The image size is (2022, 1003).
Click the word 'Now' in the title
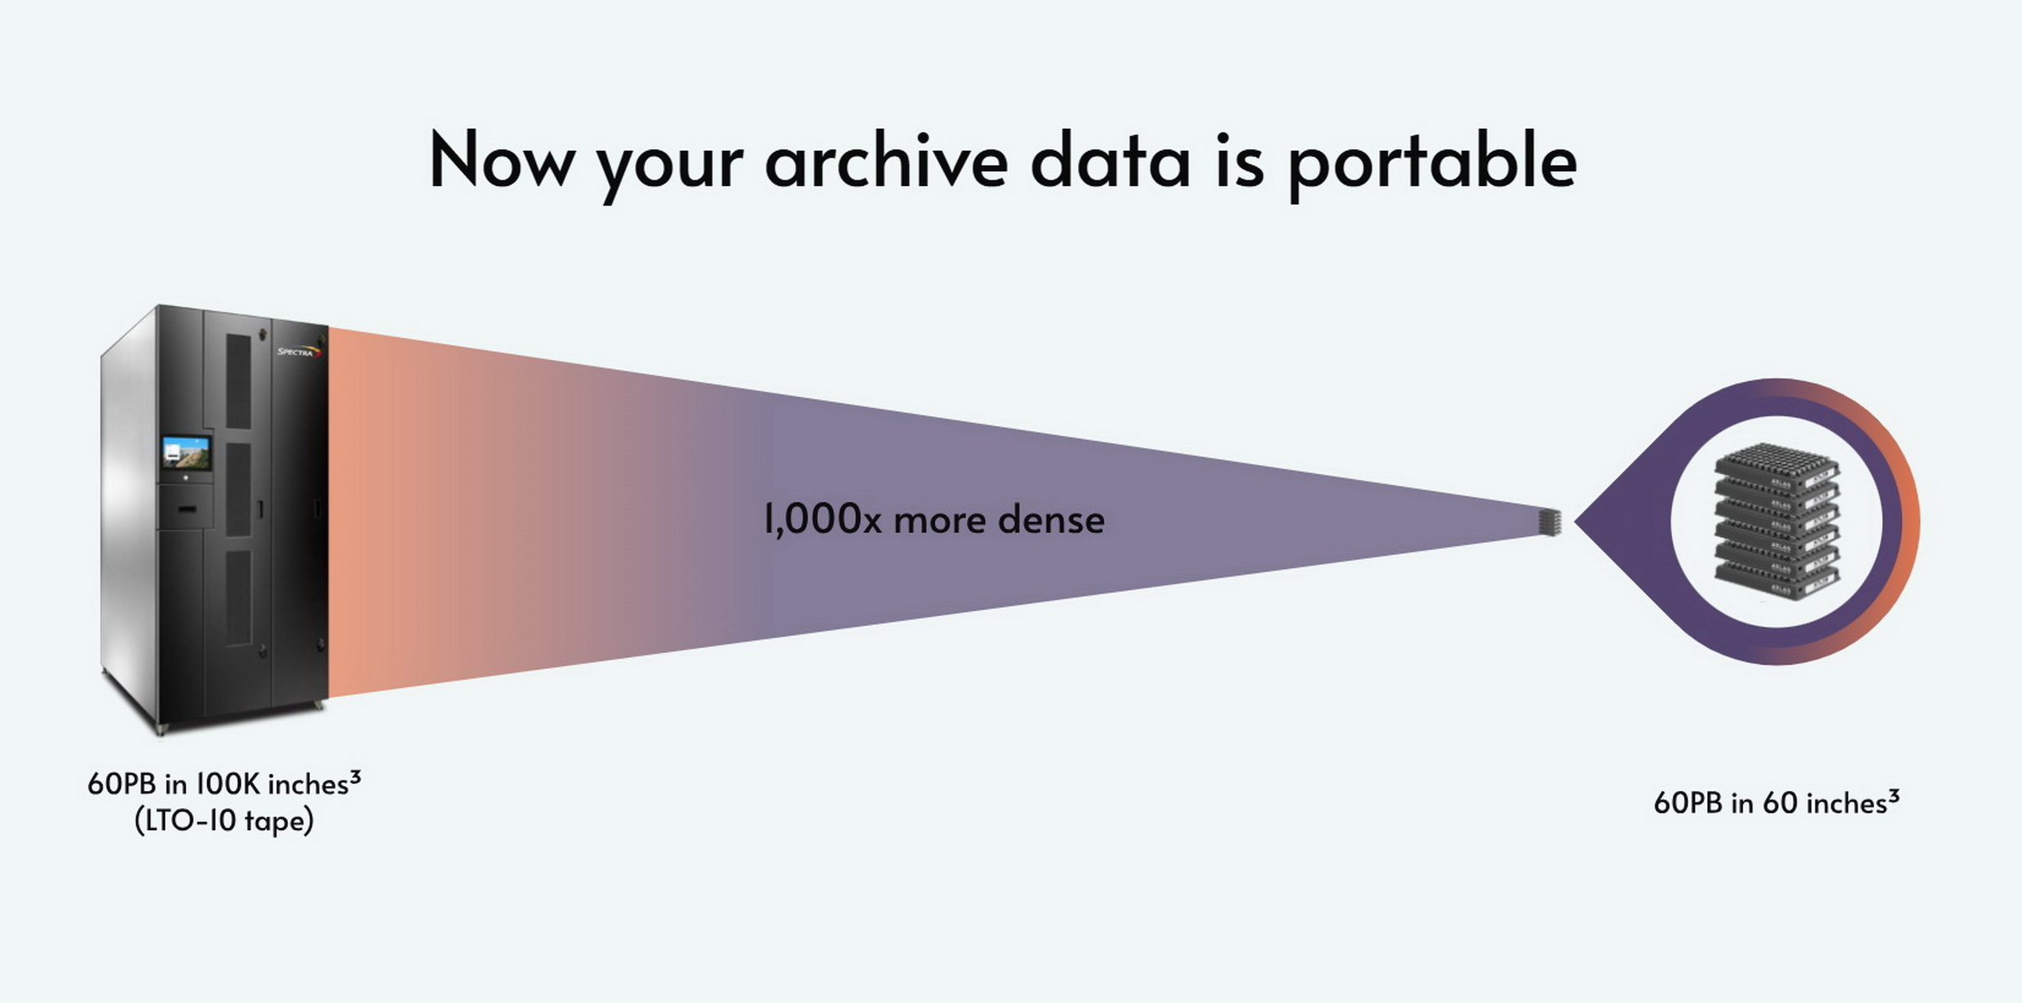click(x=501, y=160)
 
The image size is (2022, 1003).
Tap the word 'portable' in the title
click(x=1432, y=163)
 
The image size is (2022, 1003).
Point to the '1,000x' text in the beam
click(x=823, y=520)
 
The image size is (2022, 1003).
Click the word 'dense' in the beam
click(x=1052, y=519)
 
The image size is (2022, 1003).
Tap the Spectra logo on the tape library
click(x=299, y=352)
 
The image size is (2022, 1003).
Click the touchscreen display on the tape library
click(x=186, y=454)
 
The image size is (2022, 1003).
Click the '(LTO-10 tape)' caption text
click(x=224, y=821)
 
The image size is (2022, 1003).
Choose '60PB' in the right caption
click(x=1688, y=803)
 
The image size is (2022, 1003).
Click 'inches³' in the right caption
click(x=1853, y=802)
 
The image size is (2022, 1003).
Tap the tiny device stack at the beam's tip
click(x=1550, y=522)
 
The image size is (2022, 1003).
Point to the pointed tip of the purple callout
click(x=1576, y=521)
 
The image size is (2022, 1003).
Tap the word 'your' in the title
click(x=670, y=167)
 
